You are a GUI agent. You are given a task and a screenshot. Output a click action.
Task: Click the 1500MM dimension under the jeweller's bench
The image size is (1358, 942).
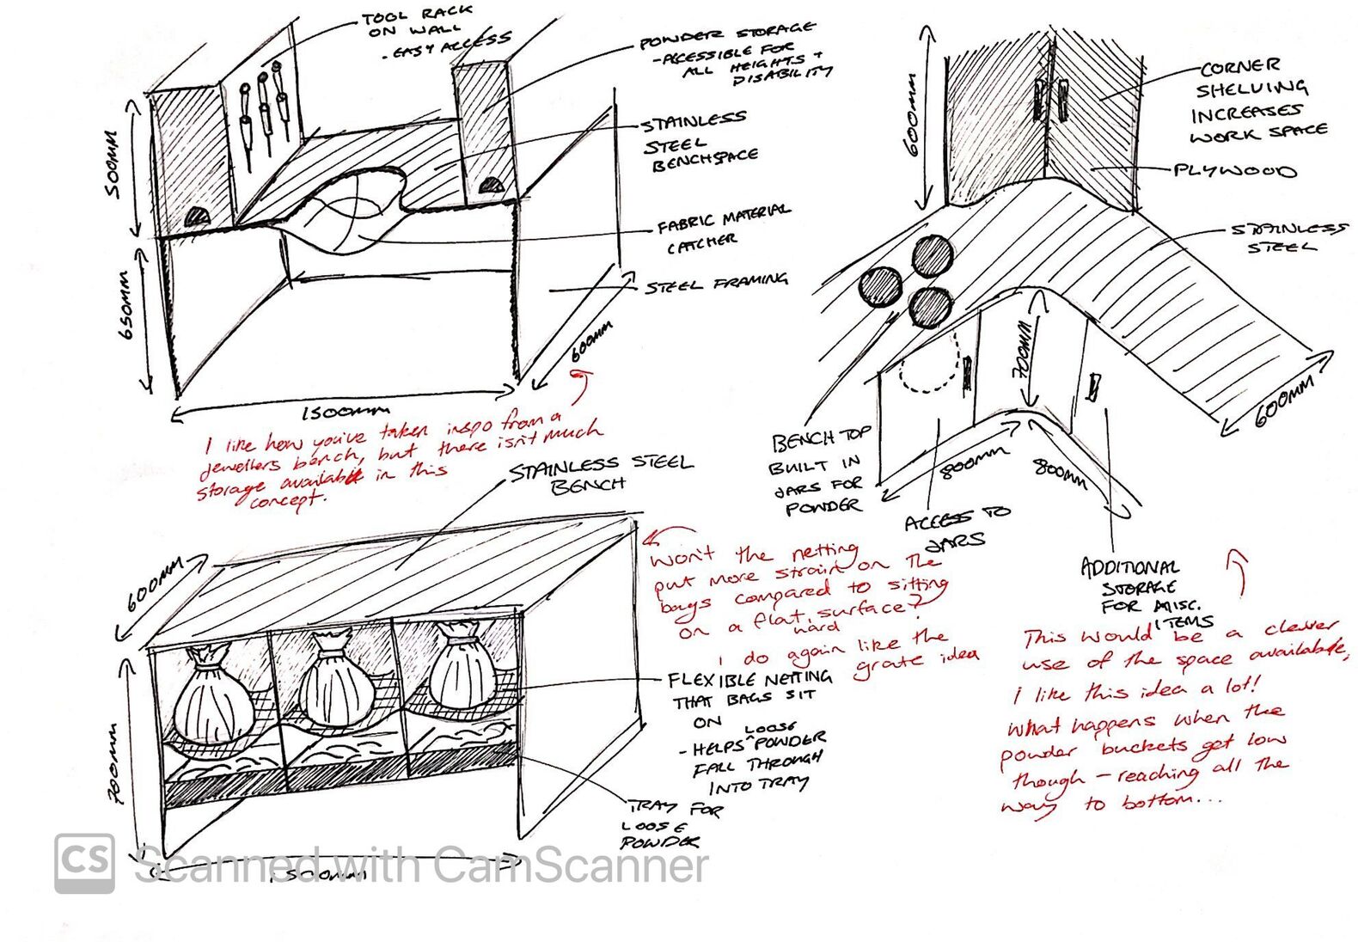pyautogui.click(x=344, y=413)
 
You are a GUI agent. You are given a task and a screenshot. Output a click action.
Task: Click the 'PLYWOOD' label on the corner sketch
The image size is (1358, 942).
pyautogui.click(x=1234, y=170)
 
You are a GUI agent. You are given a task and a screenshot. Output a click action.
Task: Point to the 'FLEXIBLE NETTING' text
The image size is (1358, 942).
pyautogui.click(x=749, y=679)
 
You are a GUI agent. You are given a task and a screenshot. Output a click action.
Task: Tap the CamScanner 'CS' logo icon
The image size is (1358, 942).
pyautogui.click(x=85, y=863)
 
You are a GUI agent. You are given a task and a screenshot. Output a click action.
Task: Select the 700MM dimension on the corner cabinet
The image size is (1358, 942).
pyautogui.click(x=1023, y=351)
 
